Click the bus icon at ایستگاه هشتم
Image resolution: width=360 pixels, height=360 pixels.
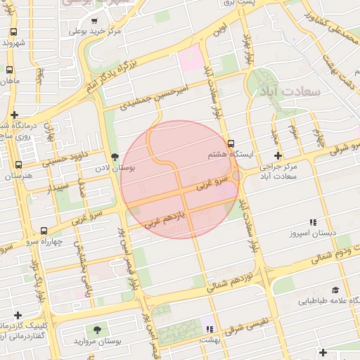tap(231, 143)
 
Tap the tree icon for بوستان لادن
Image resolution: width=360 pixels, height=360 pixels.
tap(115, 157)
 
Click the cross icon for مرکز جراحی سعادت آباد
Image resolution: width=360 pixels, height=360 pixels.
tap(278, 155)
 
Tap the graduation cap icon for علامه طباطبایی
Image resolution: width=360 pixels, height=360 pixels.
tap(335, 290)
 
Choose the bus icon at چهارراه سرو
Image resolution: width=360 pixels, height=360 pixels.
tap(44, 231)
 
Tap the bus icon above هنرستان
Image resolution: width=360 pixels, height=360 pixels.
tap(18, 165)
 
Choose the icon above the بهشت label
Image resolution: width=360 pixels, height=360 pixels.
tap(208, 328)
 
